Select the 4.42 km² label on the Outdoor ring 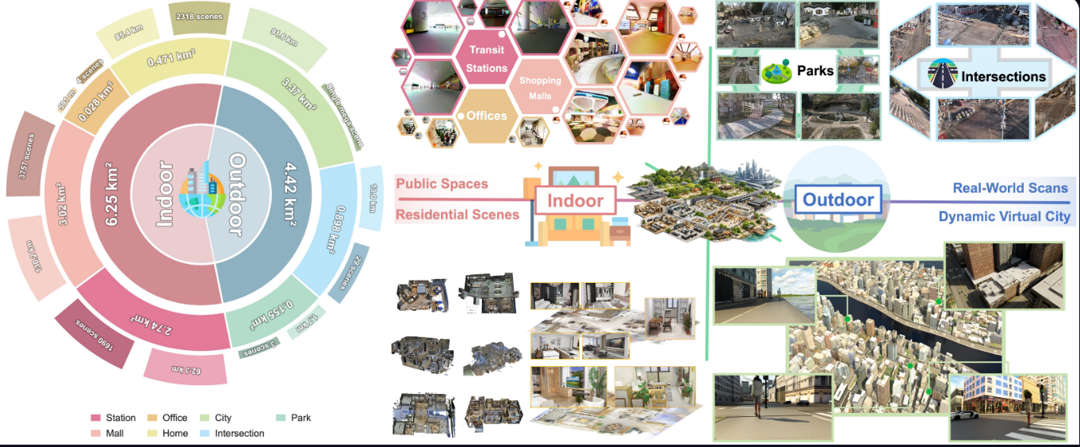[305, 193]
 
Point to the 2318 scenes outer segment [197, 16]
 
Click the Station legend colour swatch [95, 418]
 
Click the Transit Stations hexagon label [487, 59]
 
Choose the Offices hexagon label [487, 116]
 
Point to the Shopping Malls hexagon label [539, 88]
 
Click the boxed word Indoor [575, 201]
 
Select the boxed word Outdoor [838, 200]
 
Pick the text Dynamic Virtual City [1004, 216]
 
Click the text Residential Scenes [458, 215]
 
